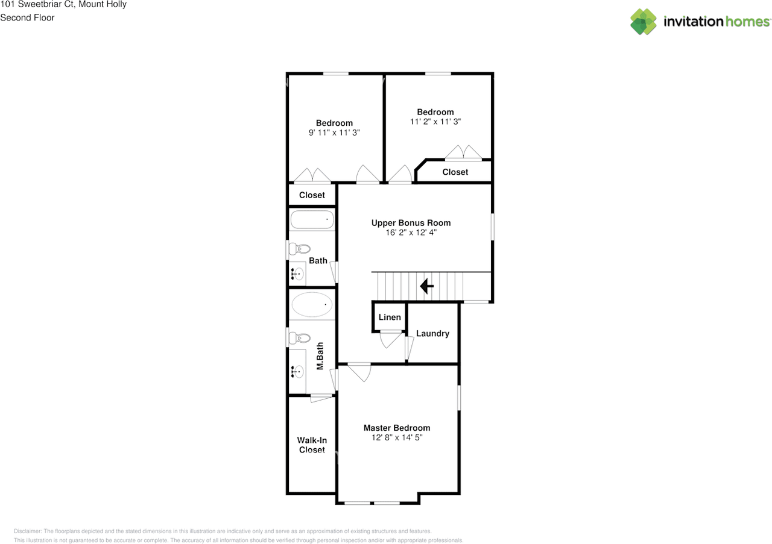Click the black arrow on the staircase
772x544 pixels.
pyautogui.click(x=426, y=286)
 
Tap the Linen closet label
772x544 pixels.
pyautogui.click(x=390, y=317)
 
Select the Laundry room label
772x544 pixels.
pyautogui.click(x=432, y=333)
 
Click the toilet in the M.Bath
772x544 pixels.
pyautogui.click(x=300, y=338)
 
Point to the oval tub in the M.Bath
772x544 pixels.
pyautogui.click(x=312, y=304)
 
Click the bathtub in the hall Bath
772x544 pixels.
pyautogui.click(x=312, y=219)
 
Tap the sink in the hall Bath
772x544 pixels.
pyautogui.click(x=297, y=274)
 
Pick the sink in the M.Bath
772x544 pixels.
pyautogui.click(x=297, y=372)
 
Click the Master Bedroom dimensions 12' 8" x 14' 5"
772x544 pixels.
pyautogui.click(x=397, y=437)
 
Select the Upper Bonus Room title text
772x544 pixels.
pyautogui.click(x=411, y=223)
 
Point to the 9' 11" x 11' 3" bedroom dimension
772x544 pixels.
pyautogui.click(x=334, y=133)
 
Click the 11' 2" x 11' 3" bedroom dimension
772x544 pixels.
pyautogui.click(x=435, y=122)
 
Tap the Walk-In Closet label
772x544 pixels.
pyautogui.click(x=312, y=445)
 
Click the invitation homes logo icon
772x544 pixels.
pyautogui.click(x=644, y=22)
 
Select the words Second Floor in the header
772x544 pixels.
pyautogui.click(x=27, y=17)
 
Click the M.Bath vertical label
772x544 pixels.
pyautogui.click(x=320, y=356)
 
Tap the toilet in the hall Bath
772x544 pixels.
pyautogui.click(x=300, y=249)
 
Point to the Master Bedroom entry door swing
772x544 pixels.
pyautogui.click(x=360, y=372)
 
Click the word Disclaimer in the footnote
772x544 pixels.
pyautogui.click(x=28, y=531)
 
